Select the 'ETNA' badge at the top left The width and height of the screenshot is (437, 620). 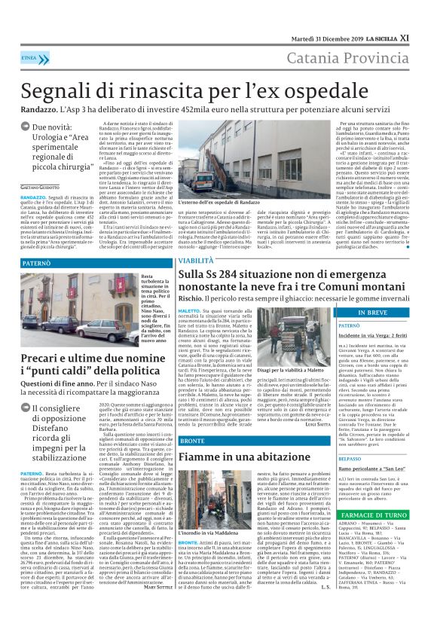point(31,57)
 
